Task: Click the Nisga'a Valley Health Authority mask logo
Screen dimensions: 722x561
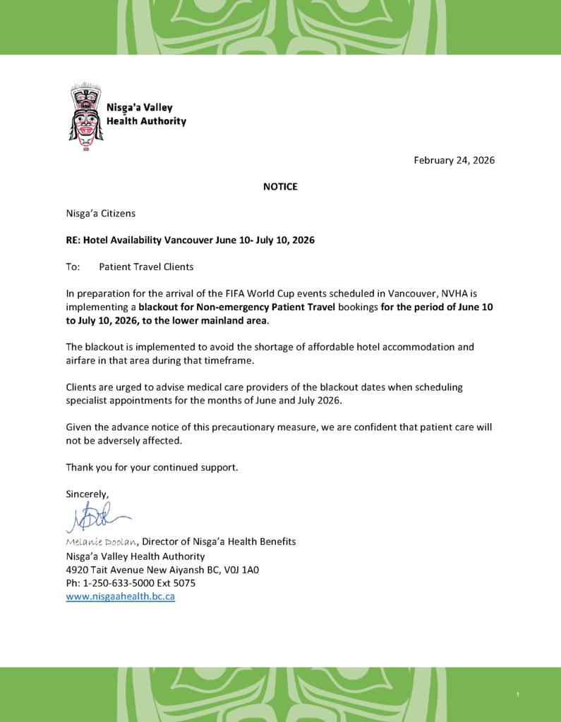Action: (x=86, y=116)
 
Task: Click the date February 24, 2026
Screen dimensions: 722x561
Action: (x=454, y=160)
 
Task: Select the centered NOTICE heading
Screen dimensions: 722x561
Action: (x=280, y=187)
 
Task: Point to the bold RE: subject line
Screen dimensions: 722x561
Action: (x=190, y=240)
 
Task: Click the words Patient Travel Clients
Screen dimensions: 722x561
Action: (x=146, y=267)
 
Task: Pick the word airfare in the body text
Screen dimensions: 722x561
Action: (x=83, y=360)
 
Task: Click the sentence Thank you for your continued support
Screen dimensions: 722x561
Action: (x=152, y=467)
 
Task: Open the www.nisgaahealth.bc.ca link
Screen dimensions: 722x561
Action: (x=120, y=596)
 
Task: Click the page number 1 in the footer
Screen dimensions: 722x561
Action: (x=517, y=696)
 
